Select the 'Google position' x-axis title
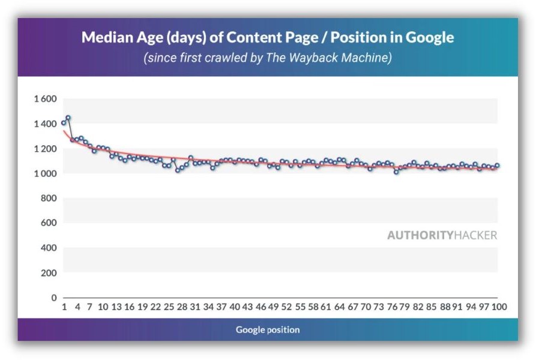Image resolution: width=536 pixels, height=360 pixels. click(267, 329)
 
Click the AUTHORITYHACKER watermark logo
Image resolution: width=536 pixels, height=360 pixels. click(442, 235)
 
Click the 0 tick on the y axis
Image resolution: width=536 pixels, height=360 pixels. click(53, 298)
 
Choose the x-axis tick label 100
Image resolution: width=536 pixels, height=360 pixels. click(499, 307)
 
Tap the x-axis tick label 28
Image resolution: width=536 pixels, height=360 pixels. click(182, 307)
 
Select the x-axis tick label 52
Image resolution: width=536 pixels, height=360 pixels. click(287, 307)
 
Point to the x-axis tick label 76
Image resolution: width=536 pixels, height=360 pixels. click(393, 307)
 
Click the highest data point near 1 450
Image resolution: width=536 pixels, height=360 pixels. click(68, 118)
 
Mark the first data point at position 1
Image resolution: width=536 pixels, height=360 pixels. click(64, 123)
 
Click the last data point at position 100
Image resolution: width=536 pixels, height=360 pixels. click(497, 166)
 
